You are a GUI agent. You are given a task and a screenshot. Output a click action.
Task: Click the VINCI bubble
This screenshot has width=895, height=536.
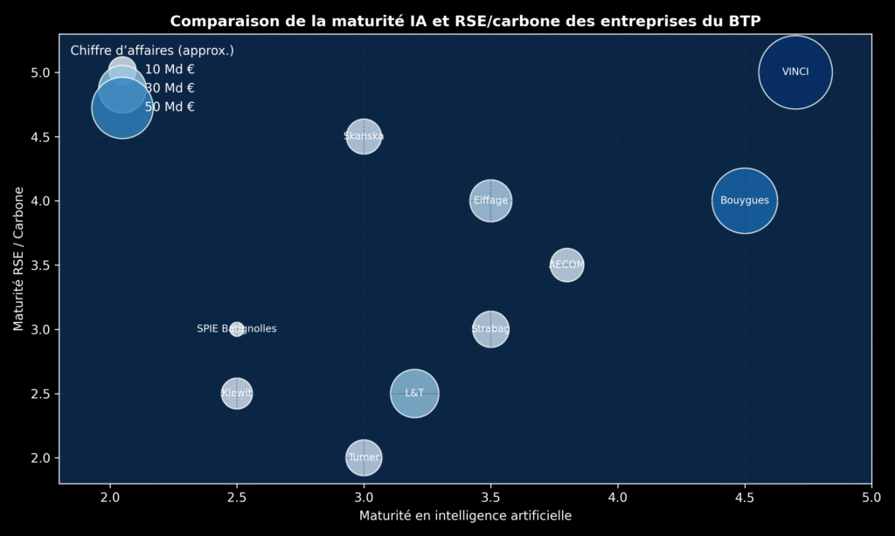point(794,72)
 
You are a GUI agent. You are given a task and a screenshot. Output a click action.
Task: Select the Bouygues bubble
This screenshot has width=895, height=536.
point(745,201)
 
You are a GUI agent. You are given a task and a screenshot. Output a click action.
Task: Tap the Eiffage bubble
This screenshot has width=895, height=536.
point(490,201)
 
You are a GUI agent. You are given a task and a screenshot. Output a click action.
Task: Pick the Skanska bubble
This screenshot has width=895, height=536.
point(364,136)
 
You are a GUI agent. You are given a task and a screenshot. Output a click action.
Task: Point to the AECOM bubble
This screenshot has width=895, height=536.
point(566,265)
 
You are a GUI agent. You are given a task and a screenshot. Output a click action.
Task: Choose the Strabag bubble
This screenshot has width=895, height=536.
point(490,329)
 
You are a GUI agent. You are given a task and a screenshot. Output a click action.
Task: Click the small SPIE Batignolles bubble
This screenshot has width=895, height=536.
point(237,329)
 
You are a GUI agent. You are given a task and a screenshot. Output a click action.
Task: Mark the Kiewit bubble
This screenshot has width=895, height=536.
point(237,393)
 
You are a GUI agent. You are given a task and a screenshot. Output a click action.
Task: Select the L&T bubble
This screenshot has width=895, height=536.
point(414,393)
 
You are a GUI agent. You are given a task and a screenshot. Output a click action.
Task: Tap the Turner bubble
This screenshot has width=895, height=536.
point(364,457)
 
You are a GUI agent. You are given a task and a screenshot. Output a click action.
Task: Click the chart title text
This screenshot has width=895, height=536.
point(465,21)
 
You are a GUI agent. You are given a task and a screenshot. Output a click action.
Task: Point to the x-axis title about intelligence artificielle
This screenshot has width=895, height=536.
point(465,516)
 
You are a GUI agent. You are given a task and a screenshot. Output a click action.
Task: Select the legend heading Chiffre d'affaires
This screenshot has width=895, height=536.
point(152,51)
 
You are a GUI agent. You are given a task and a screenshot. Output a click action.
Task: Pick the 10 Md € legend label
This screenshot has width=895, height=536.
point(170,70)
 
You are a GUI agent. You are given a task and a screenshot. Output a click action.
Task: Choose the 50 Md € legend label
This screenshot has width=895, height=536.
point(170,107)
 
